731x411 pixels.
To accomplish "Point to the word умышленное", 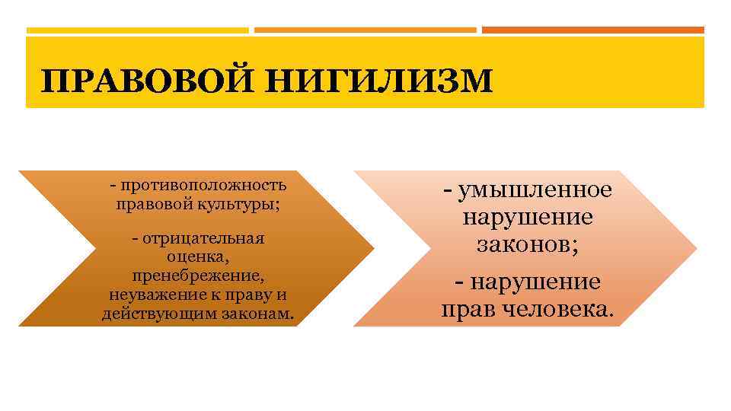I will pos(532,190).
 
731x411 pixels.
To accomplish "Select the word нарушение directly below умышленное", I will pos(528,217).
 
